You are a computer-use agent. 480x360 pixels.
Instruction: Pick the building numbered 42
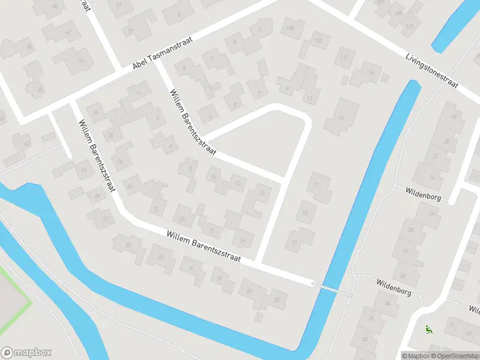[x=67, y=32]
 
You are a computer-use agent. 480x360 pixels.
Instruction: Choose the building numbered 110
[x=318, y=41]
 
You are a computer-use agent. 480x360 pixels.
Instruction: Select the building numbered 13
[x=341, y=117]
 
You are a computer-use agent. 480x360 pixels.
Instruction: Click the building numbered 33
[x=160, y=257]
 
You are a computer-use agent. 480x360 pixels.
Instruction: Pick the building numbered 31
[x=192, y=268]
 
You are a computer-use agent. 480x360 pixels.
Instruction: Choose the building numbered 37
[x=106, y=218]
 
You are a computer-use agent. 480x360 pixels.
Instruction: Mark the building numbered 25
[x=277, y=299]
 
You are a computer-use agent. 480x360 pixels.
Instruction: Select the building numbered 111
[x=410, y=27]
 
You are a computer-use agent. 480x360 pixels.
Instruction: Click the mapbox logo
[x=26, y=353]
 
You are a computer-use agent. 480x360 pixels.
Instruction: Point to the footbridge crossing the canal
[x=331, y=288]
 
